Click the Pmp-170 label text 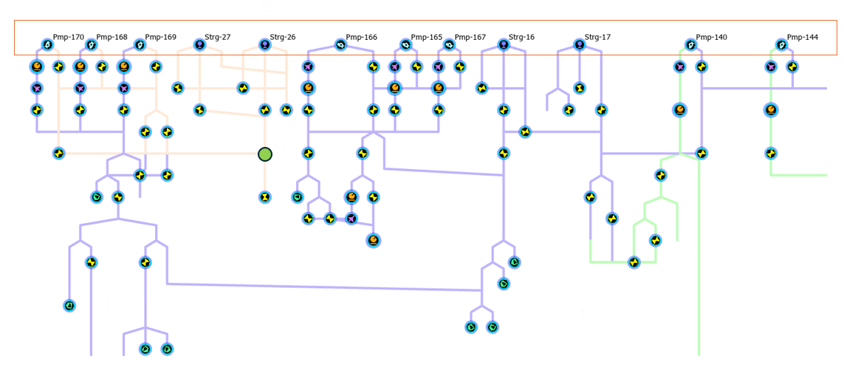point(68,37)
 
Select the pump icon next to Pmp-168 point(92,45)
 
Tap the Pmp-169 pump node point(140,45)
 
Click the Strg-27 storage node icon point(199,45)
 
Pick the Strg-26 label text point(282,37)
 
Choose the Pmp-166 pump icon point(340,45)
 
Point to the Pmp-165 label point(426,37)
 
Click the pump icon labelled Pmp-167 point(449,45)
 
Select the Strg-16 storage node point(504,45)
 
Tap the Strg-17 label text point(597,37)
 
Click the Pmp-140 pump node point(691,45)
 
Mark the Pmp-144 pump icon point(781,45)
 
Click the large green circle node point(265,154)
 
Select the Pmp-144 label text point(802,37)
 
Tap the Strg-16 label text point(521,37)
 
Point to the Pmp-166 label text point(361,37)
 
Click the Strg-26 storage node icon point(265,45)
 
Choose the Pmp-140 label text point(711,37)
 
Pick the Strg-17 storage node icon point(580,45)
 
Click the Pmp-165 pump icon point(405,45)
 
